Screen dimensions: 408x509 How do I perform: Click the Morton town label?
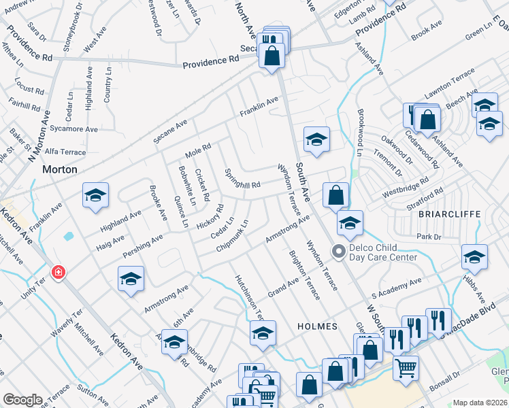[60, 169]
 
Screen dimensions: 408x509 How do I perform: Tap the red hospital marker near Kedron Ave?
[59, 273]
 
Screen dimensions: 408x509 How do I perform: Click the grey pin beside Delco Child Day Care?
[338, 252]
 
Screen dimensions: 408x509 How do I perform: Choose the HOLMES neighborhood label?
[317, 326]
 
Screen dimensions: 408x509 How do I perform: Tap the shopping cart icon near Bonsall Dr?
[406, 368]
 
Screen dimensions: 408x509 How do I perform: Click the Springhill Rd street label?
[242, 179]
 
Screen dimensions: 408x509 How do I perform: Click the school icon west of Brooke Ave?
[95, 196]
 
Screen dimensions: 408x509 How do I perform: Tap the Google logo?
[22, 400]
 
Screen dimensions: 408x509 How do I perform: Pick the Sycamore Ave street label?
[74, 129]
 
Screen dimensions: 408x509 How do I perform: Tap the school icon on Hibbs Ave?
[474, 258]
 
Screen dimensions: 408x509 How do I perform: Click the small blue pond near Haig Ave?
[68, 237]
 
